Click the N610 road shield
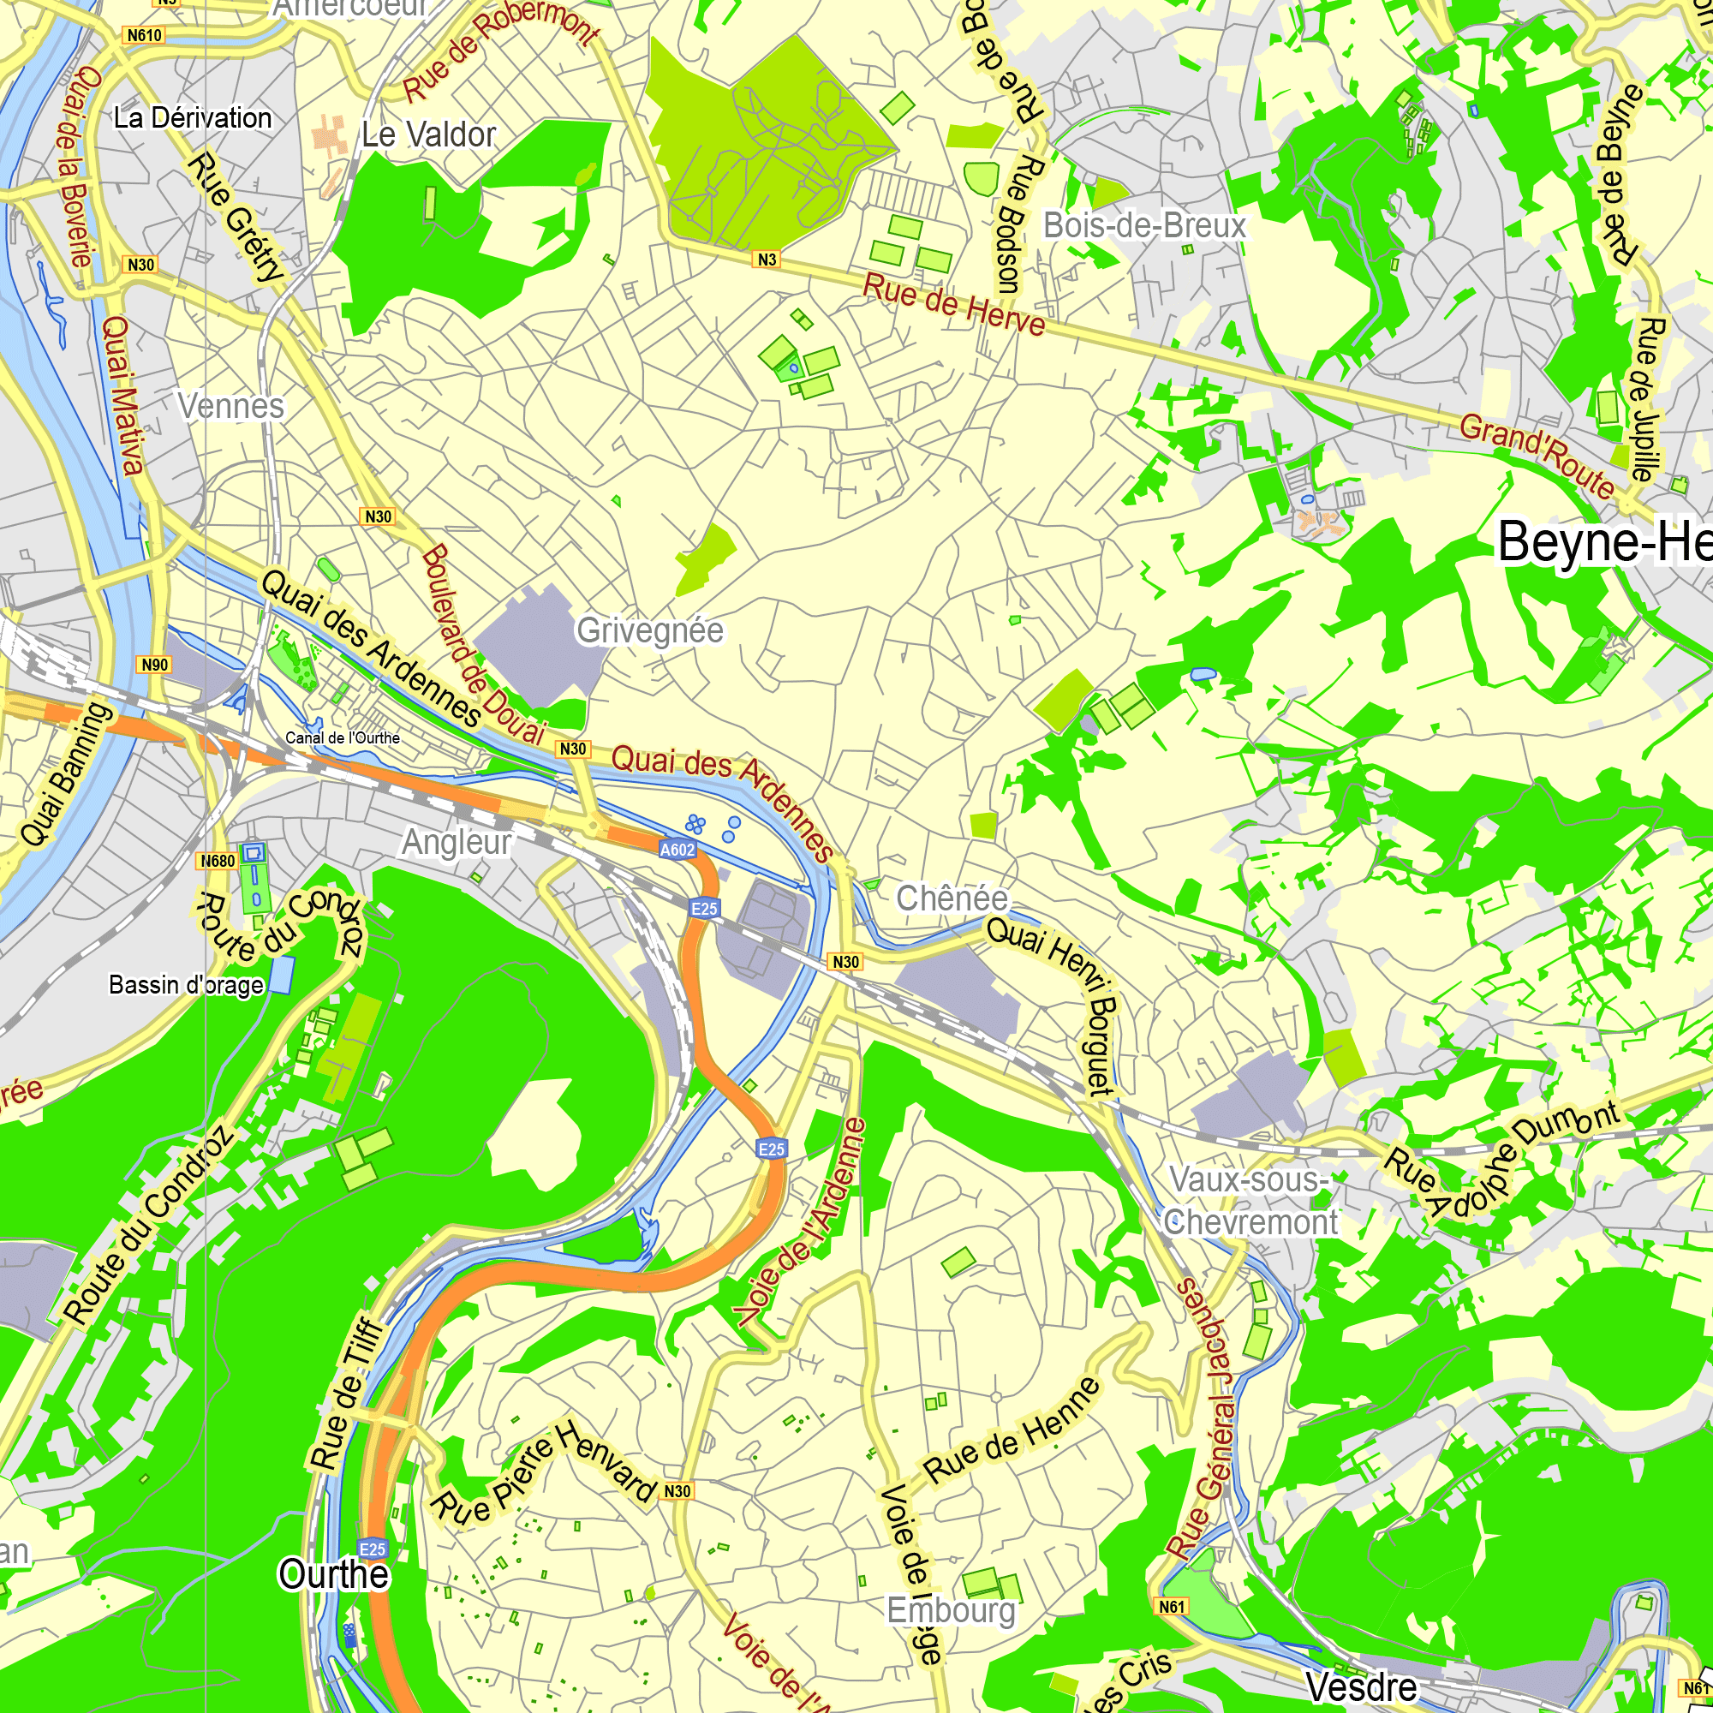(x=144, y=35)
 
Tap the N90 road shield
(x=154, y=665)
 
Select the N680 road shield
(x=218, y=861)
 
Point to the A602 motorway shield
(x=677, y=850)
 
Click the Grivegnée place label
(x=650, y=630)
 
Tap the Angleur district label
(x=457, y=841)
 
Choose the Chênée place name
(x=952, y=898)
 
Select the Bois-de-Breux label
(x=1144, y=225)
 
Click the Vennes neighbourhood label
(x=230, y=406)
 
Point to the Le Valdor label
(x=428, y=134)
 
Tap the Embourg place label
(x=952, y=1610)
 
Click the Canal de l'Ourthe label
(x=343, y=737)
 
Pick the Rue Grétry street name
(x=236, y=218)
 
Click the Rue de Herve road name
(x=954, y=304)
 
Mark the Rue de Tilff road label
(x=347, y=1393)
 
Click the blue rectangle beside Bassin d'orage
(x=281, y=976)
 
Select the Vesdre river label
(x=1361, y=1686)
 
